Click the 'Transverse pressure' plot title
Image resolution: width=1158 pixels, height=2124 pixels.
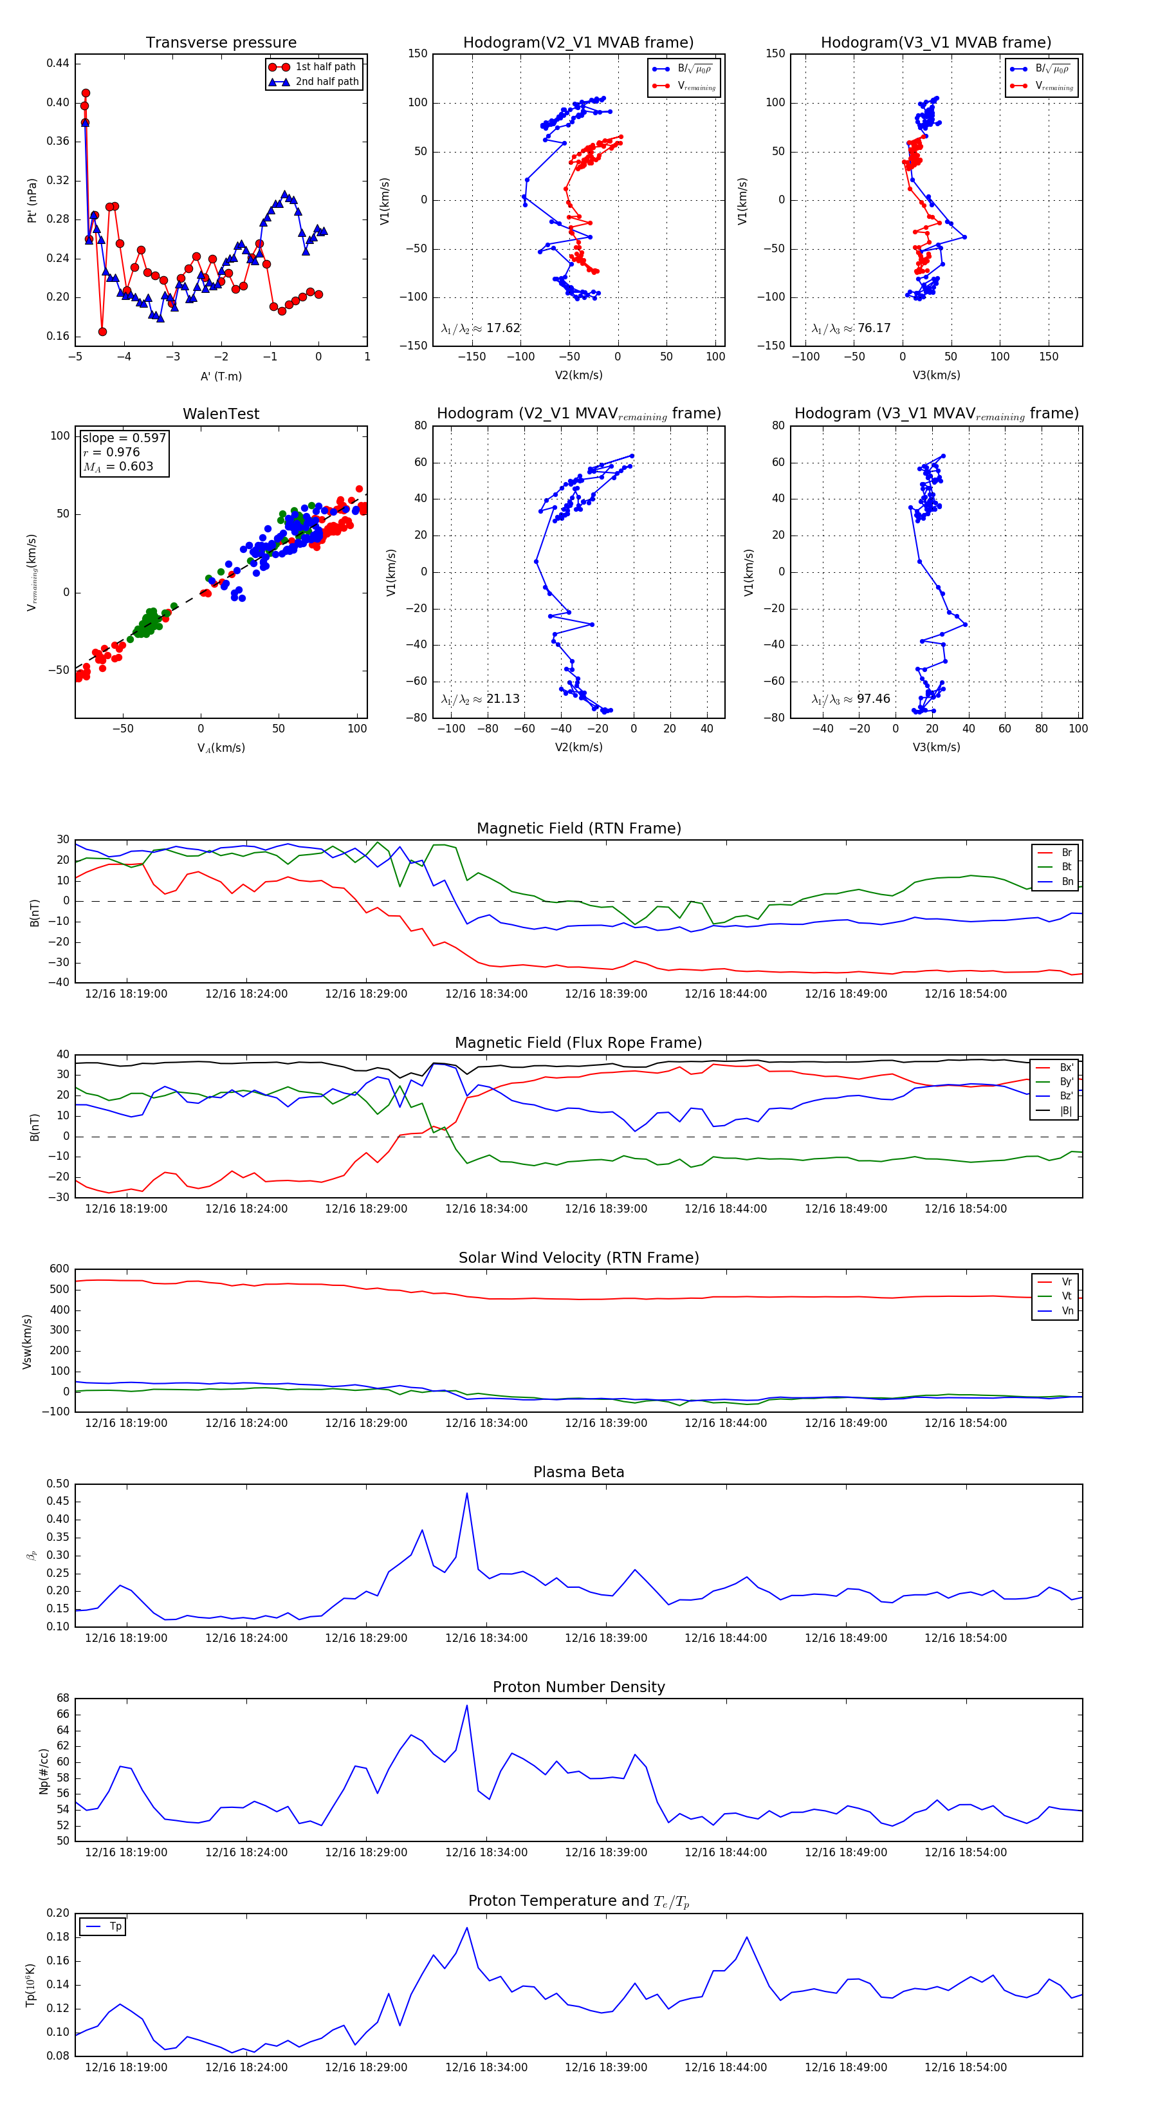pyautogui.click(x=221, y=43)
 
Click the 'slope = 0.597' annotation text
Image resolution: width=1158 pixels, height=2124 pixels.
pyautogui.click(x=124, y=438)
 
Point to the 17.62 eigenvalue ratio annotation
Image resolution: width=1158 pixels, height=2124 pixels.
pyautogui.click(x=481, y=328)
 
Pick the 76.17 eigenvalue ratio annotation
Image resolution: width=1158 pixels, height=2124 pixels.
pyautogui.click(x=851, y=328)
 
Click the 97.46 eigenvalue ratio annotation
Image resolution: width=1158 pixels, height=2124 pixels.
pyautogui.click(x=851, y=699)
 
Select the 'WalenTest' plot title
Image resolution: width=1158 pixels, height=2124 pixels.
pyautogui.click(x=221, y=414)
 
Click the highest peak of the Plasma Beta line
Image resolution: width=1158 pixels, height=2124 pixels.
pyautogui.click(x=466, y=1493)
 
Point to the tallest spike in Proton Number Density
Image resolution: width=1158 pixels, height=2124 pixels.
pyautogui.click(x=466, y=1706)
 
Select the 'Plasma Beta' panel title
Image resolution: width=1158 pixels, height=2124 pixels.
pyautogui.click(x=578, y=1473)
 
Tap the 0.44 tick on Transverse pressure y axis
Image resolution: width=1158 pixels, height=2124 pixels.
pyautogui.click(x=58, y=64)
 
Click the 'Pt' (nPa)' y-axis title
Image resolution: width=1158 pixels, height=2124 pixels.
pyautogui.click(x=32, y=200)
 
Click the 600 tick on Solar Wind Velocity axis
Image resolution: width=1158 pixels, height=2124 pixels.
pyautogui.click(x=59, y=1269)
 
